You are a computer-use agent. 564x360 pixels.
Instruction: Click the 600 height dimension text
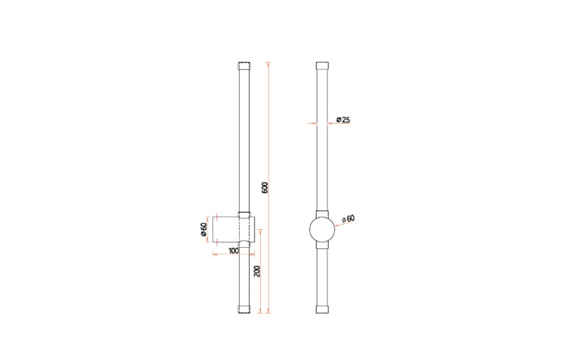[x=265, y=188]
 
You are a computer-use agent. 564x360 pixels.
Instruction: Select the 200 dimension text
[x=256, y=270]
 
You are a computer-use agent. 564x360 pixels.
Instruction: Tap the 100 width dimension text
[x=233, y=251]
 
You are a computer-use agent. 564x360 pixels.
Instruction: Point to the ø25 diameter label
[x=344, y=120]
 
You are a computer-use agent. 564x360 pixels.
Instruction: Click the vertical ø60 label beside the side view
[x=204, y=229]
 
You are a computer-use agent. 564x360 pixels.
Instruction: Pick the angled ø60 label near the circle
[x=348, y=219]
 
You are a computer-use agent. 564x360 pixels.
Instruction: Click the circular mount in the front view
[x=322, y=230]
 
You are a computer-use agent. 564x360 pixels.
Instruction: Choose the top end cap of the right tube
[x=322, y=65]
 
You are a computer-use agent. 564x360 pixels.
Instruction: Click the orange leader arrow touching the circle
[x=336, y=225]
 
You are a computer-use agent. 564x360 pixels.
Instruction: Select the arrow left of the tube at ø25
[x=312, y=123]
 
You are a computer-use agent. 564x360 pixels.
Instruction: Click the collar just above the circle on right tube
[x=322, y=212]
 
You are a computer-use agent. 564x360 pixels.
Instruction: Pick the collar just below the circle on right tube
[x=322, y=245]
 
